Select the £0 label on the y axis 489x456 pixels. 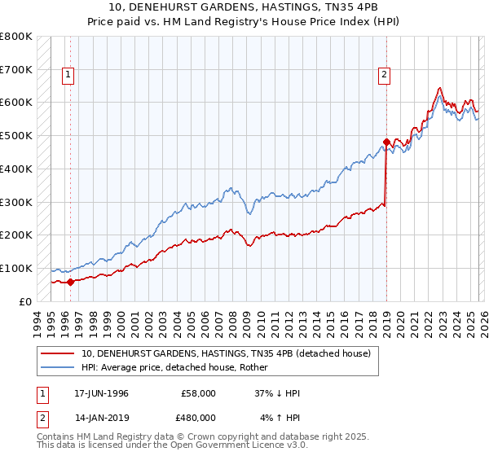pos(24,301)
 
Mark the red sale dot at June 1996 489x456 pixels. pos(71,283)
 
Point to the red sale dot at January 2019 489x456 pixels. pos(386,142)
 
